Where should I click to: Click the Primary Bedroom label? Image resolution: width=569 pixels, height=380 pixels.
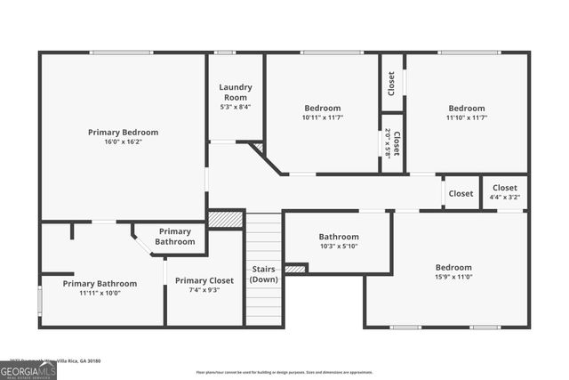(123, 132)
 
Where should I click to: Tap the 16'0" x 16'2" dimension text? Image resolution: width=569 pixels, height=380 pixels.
(123, 141)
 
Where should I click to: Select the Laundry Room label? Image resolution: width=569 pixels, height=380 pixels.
(236, 92)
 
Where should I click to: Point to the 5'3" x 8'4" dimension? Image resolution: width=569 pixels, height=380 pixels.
(236, 107)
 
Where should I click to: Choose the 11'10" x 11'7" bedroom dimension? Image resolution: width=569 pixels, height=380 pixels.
(466, 117)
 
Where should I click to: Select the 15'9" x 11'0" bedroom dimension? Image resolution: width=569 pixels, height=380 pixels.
(453, 278)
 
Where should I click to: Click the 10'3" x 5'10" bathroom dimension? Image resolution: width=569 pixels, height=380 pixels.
(339, 247)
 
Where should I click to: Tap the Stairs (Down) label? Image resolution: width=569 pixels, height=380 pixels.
(263, 274)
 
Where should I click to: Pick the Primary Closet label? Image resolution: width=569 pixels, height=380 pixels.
(204, 280)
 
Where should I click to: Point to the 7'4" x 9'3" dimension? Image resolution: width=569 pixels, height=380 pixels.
(204, 290)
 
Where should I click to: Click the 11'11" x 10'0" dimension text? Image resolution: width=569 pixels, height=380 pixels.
(100, 293)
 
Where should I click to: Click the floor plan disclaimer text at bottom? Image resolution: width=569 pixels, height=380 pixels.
(284, 372)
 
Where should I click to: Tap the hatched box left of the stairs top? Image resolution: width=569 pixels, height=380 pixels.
(226, 219)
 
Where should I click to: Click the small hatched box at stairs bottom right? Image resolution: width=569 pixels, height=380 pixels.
(295, 269)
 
